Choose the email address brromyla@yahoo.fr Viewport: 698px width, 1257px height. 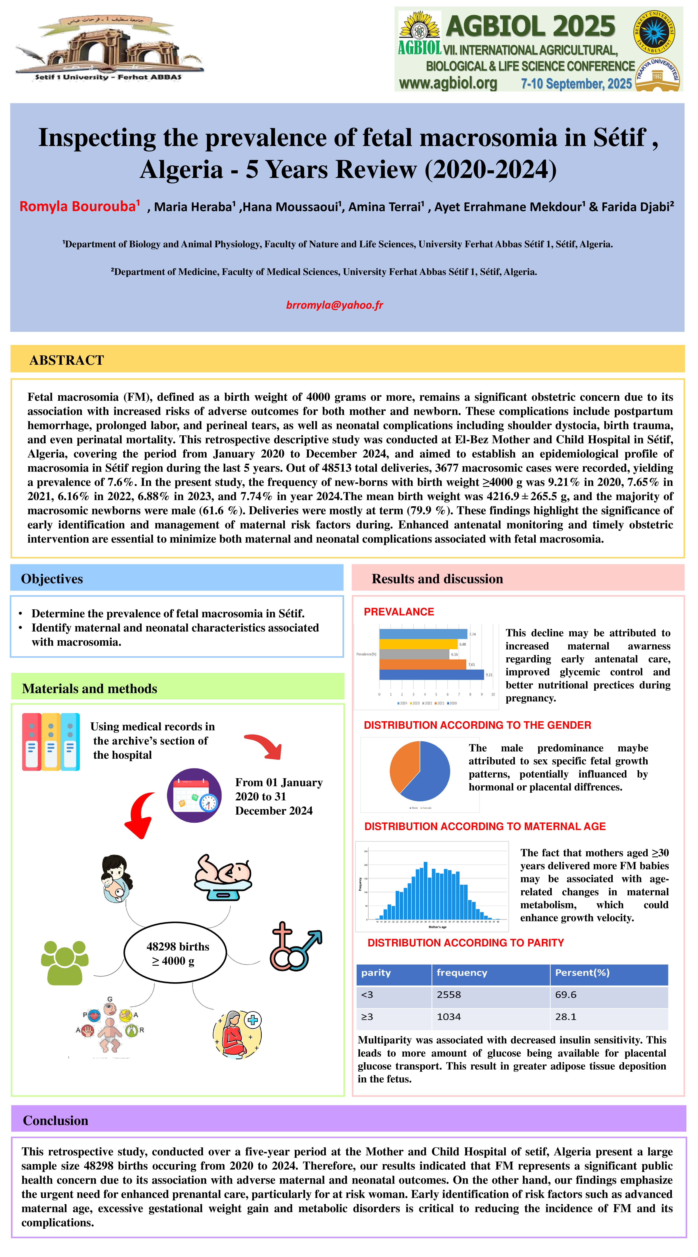335,305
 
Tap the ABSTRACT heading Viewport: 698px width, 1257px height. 67,360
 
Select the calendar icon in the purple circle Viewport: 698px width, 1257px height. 194,795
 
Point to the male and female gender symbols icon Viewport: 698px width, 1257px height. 295,947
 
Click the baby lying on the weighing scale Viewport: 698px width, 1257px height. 223,876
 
